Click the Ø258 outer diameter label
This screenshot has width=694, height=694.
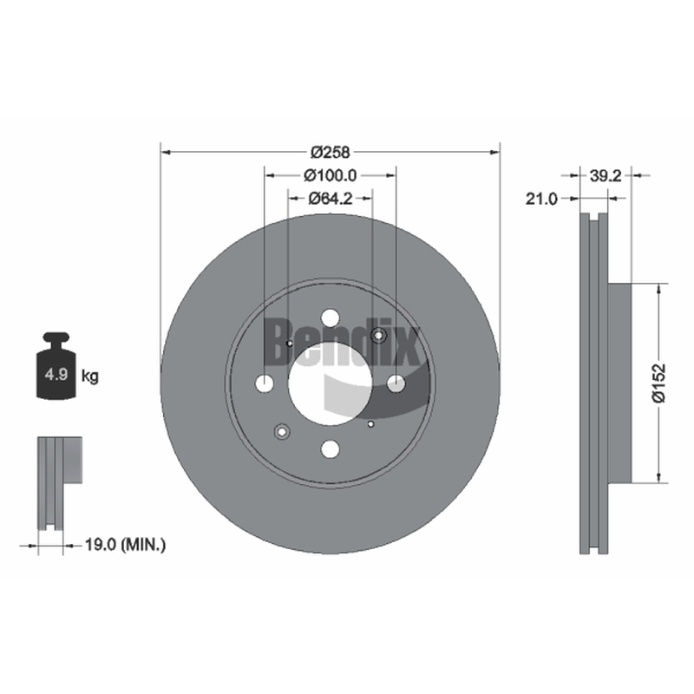[331, 153]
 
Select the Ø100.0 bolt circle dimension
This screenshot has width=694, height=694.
[331, 175]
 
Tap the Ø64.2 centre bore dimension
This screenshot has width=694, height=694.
[331, 199]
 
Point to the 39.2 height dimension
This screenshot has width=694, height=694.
[606, 176]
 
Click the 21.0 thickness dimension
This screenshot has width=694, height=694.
[541, 199]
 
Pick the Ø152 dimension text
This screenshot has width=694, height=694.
[658, 383]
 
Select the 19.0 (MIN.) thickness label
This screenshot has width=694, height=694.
[125, 545]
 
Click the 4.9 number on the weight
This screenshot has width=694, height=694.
[56, 375]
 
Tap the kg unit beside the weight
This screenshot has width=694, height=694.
[90, 376]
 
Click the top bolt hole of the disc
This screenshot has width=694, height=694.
[331, 318]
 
